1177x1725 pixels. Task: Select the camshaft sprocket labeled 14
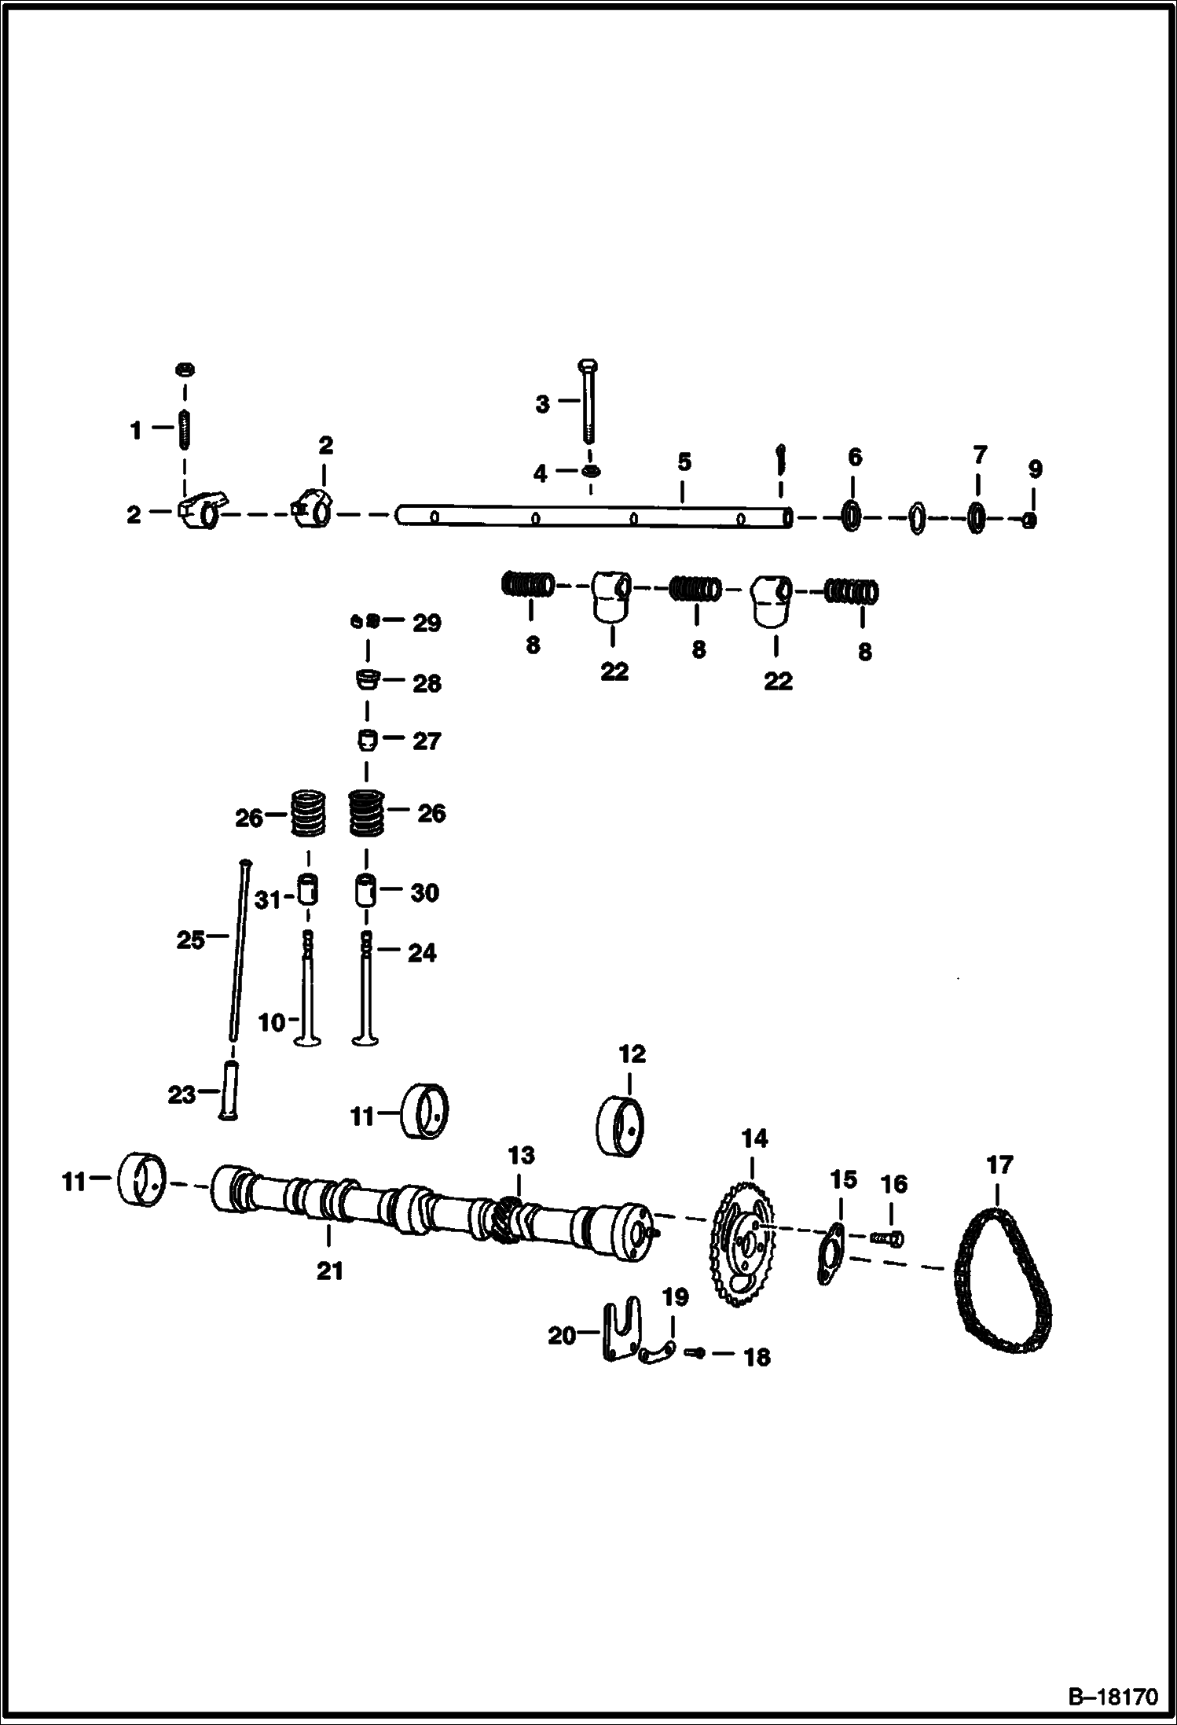coord(742,1245)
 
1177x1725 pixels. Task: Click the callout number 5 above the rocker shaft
coord(684,462)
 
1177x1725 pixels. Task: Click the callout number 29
coord(427,623)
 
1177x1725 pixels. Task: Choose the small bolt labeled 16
coord(887,1239)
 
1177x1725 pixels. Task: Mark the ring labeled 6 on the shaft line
coord(852,517)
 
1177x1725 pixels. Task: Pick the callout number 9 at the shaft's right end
coord(1035,469)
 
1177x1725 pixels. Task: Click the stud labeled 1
coord(185,428)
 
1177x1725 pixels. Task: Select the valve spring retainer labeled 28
coord(366,679)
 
